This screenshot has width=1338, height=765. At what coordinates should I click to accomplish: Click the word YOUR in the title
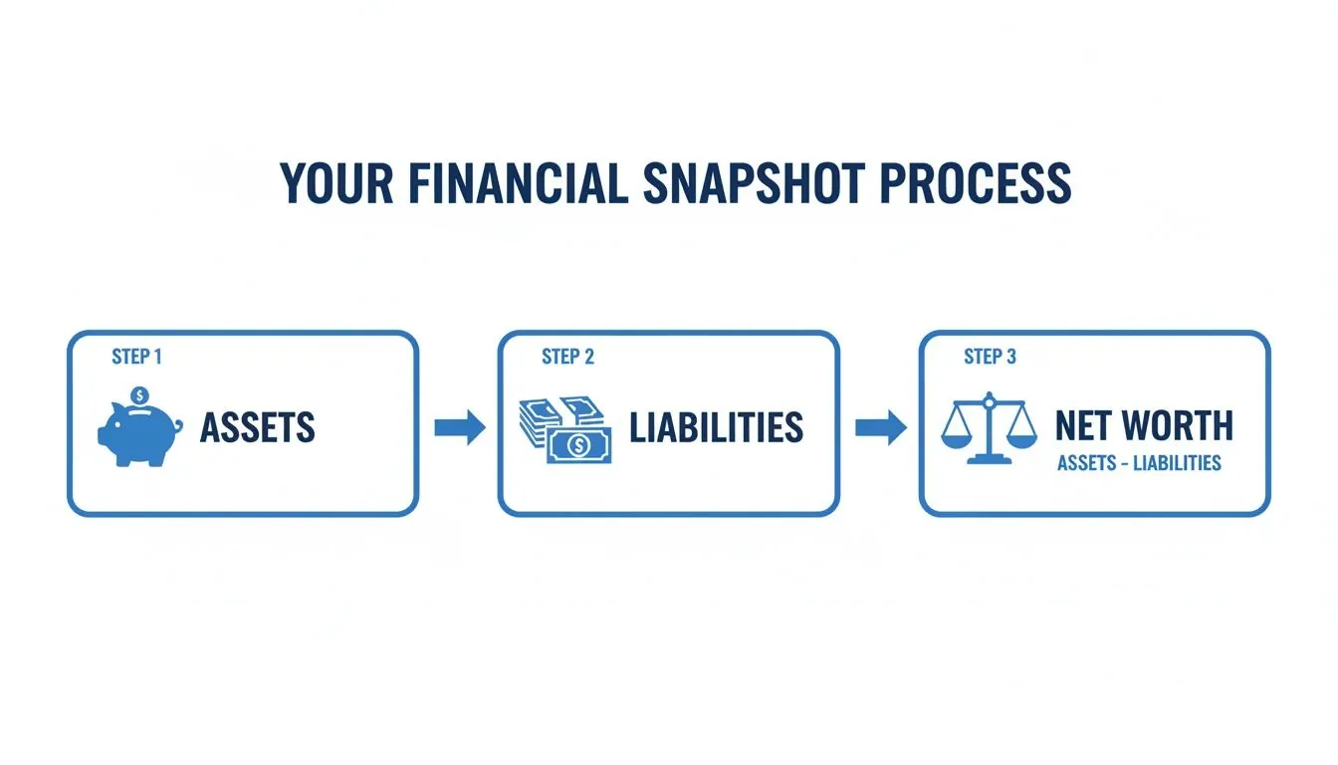click(x=327, y=183)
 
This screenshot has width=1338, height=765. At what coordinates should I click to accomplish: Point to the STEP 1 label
click(x=136, y=357)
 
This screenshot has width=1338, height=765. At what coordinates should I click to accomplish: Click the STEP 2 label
click(x=567, y=357)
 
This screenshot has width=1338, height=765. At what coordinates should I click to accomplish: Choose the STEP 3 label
click(x=990, y=357)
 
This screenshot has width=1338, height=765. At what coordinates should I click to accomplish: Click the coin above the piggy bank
click(x=140, y=395)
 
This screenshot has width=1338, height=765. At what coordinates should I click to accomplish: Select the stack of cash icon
click(x=564, y=429)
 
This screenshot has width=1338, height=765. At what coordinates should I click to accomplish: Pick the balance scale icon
click(x=989, y=428)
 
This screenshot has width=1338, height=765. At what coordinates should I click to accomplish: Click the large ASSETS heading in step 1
click(x=258, y=428)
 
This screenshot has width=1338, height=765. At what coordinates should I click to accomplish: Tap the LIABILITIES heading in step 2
click(x=716, y=428)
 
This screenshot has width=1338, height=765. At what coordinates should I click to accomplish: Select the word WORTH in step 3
click(x=1178, y=426)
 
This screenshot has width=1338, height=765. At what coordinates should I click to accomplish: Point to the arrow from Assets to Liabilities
click(x=460, y=428)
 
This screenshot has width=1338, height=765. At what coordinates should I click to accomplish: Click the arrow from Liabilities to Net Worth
click(x=881, y=428)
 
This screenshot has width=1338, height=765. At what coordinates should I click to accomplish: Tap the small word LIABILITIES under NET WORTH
click(x=1181, y=463)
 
